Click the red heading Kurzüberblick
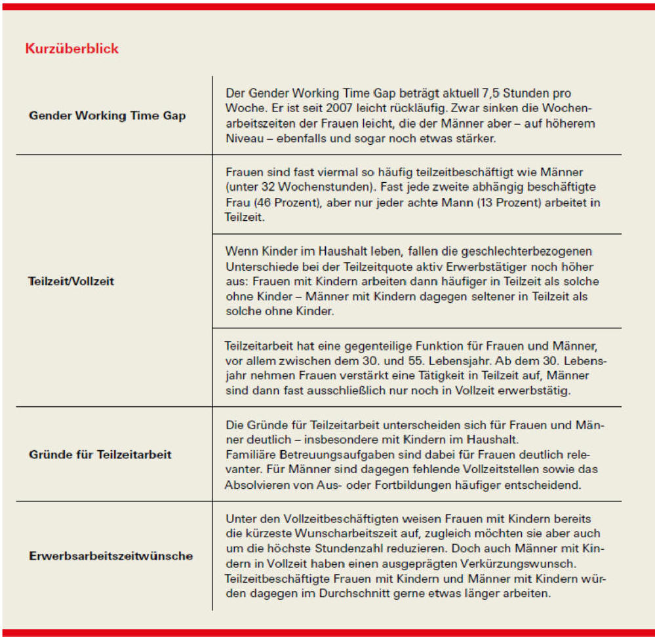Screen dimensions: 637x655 pos(71,48)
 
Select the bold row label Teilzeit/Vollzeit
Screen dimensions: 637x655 pos(71,280)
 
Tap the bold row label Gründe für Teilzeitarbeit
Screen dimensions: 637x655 pos(100,454)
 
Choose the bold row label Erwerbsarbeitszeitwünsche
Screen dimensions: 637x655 pos(111,556)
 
